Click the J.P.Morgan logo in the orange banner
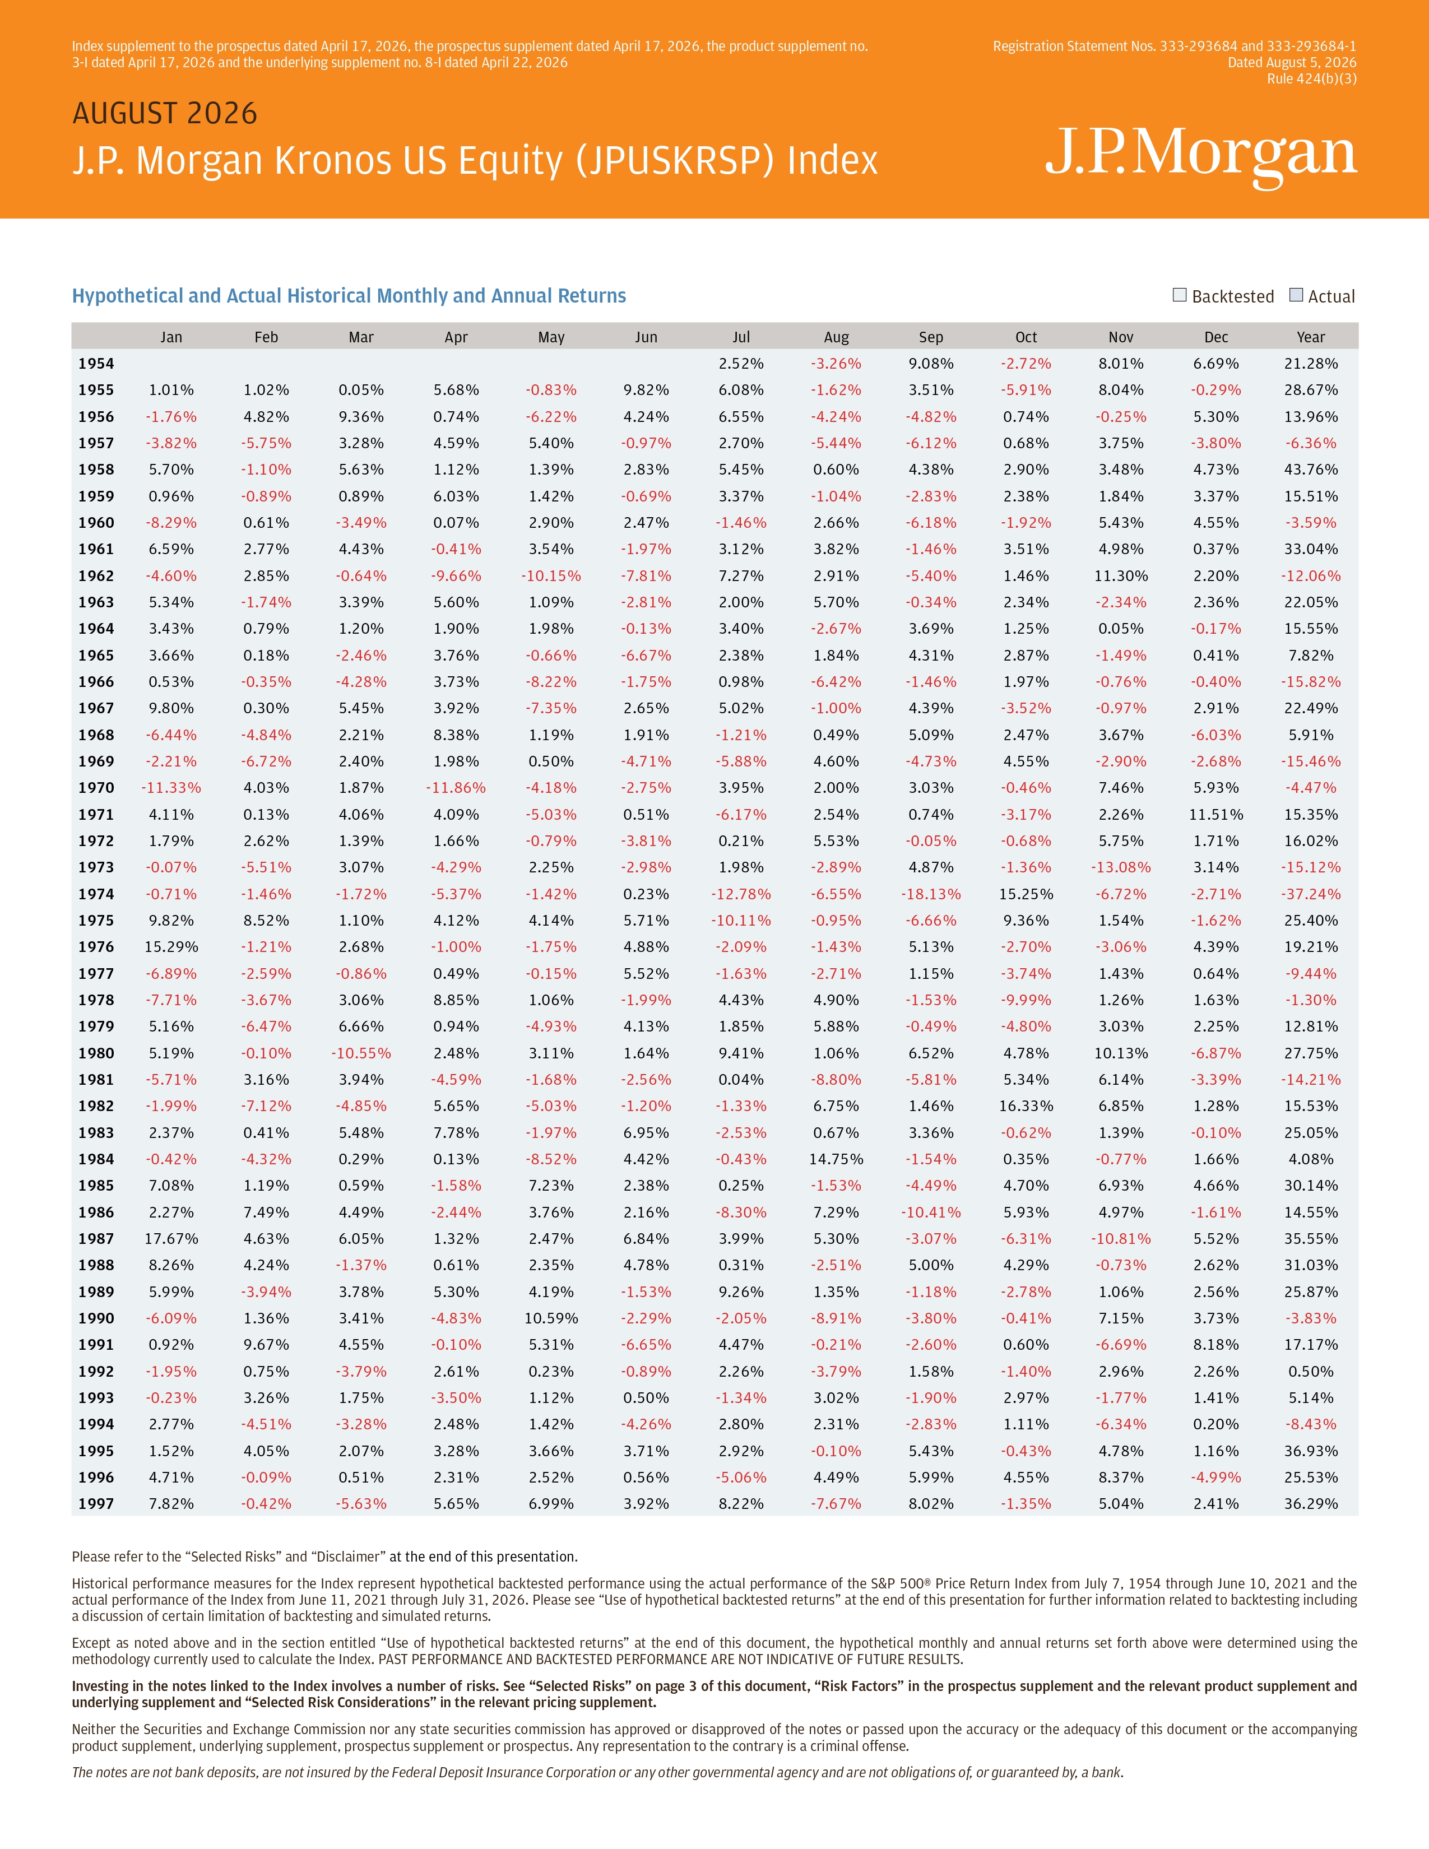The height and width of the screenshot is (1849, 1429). (1200, 155)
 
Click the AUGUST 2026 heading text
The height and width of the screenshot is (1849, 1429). (165, 113)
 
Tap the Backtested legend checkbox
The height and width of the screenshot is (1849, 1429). (1179, 295)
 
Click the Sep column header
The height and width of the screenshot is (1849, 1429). (931, 337)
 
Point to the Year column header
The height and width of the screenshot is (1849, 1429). (1311, 337)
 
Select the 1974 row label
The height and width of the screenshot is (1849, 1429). (96, 894)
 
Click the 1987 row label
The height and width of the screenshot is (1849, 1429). (96, 1239)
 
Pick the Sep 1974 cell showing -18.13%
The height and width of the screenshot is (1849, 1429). (931, 894)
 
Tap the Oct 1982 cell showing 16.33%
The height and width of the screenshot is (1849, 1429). (1026, 1105)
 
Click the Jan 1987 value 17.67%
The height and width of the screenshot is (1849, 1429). (171, 1239)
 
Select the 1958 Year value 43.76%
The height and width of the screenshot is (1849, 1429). (1311, 469)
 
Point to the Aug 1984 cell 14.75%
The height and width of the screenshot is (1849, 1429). (837, 1159)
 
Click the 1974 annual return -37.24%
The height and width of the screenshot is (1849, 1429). (1311, 894)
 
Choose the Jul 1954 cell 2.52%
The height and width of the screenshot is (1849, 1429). (741, 363)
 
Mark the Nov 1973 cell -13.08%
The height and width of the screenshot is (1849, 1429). (1121, 867)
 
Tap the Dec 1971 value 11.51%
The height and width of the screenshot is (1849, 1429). (1215, 815)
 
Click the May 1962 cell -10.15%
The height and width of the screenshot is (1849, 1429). (551, 575)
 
